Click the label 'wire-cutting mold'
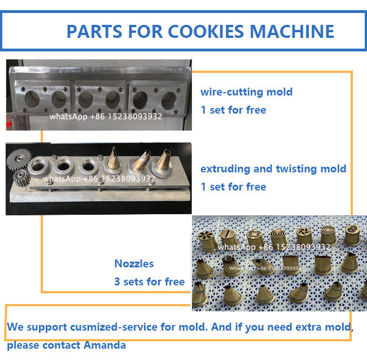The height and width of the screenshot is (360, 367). click(246, 92)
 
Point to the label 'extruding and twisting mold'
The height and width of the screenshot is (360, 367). click(273, 168)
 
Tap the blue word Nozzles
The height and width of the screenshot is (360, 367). click(134, 263)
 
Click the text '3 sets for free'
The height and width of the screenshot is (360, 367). click(149, 281)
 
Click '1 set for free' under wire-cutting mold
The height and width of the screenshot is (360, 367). click(233, 110)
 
